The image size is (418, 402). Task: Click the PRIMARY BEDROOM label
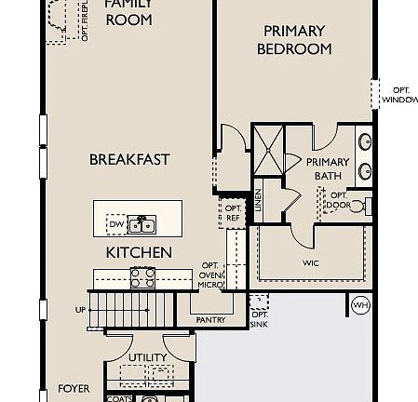tap(294, 40)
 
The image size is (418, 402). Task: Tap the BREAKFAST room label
tap(129, 159)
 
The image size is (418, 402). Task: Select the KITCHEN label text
tap(138, 252)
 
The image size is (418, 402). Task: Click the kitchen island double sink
tap(142, 224)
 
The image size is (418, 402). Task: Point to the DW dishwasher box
tap(116, 224)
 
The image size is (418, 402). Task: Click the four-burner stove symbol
tap(142, 277)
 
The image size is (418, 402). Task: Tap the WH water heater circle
tap(360, 305)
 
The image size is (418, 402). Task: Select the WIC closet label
tap(311, 262)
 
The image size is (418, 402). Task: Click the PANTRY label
tap(211, 319)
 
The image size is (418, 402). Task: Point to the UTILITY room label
tap(147, 357)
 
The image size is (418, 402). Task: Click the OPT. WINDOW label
tap(398, 94)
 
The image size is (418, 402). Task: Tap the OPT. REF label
tap(233, 213)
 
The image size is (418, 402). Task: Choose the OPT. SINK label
tap(258, 319)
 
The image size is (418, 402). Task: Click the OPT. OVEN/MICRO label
tap(210, 275)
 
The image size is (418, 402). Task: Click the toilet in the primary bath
tap(366, 205)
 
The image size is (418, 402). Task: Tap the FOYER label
tap(74, 388)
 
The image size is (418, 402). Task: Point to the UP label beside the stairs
tap(80, 310)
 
